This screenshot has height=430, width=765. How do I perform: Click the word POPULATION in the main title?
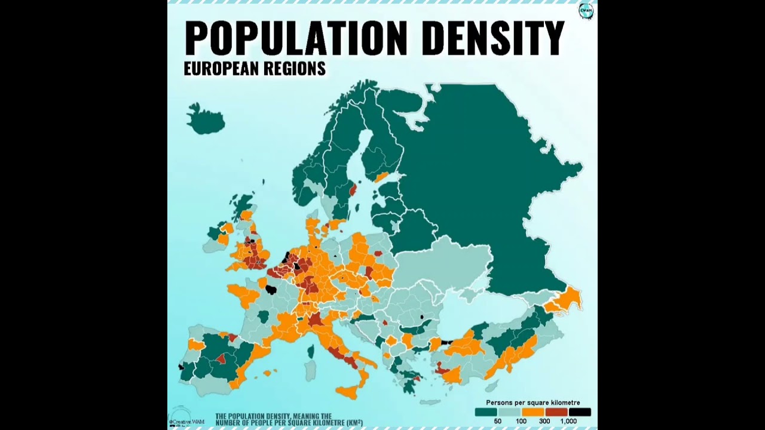tap(296, 38)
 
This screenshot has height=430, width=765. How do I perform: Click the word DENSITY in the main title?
tap(492, 38)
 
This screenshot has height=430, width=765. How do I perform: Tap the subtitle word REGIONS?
tap(298, 69)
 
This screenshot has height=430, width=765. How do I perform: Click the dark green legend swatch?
tap(486, 412)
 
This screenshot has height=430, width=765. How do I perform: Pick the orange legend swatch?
tap(533, 412)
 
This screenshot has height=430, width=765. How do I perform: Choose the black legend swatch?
tap(580, 412)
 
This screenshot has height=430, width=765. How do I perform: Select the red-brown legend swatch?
tap(556, 412)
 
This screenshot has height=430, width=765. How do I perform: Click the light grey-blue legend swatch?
tap(510, 412)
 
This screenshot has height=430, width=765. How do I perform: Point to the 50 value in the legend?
tap(497, 421)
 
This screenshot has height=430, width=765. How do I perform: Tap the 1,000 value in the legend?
tap(568, 421)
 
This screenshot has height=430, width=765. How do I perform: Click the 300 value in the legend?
tap(544, 421)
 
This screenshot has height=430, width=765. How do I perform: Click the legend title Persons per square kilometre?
tap(533, 403)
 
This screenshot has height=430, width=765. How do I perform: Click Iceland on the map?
tap(205, 119)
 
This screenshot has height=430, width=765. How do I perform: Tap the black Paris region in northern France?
tap(271, 290)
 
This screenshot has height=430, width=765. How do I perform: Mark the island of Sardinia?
tap(310, 370)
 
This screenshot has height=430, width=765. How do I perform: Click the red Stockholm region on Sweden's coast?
tap(353, 190)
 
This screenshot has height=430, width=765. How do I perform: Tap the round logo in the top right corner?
tap(586, 11)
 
